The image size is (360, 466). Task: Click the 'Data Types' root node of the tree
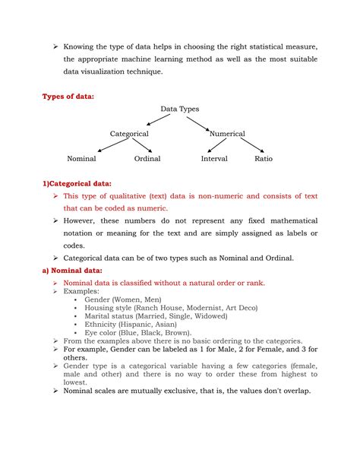point(179,109)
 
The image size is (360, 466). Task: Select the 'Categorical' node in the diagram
point(129,134)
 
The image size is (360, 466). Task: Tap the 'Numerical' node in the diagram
point(227,134)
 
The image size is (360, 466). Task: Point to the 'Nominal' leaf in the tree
point(81,159)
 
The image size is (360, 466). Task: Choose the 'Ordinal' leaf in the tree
point(147,159)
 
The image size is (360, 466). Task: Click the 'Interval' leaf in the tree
point(214,159)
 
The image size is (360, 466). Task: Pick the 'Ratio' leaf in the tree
point(264,159)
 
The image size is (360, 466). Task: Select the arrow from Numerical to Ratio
point(251,146)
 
